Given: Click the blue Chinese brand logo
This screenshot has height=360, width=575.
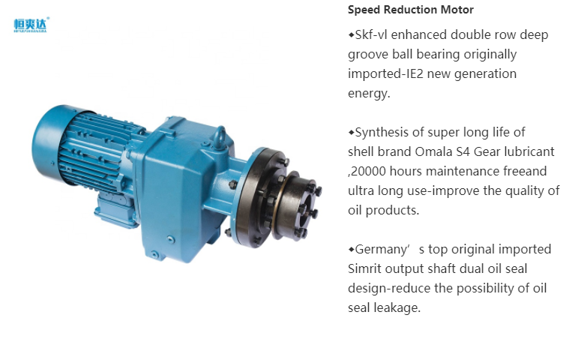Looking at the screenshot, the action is tap(31, 25).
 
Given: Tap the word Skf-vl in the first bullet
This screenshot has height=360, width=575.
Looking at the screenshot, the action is tap(371, 34).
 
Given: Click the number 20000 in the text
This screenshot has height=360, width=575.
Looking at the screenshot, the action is tap(368, 171).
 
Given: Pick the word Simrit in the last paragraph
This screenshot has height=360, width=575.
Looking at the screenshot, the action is tap(364, 268).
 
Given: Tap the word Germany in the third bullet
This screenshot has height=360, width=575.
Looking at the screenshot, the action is tap(382, 250).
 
